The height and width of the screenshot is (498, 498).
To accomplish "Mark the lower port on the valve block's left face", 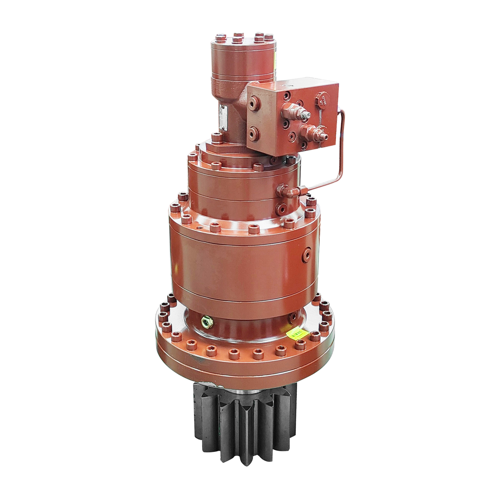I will coord(255,133).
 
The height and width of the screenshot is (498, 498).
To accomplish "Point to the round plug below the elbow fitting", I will coord(282,208).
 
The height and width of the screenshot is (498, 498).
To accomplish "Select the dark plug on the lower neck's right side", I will coord(293,317).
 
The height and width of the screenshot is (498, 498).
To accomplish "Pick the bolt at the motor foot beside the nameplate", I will coord(217,137).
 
